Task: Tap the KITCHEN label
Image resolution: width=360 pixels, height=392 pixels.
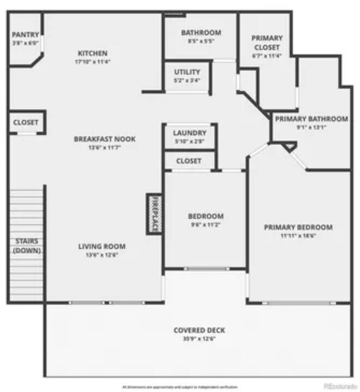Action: [93, 53]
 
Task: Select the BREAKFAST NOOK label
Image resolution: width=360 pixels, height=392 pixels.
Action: [105, 139]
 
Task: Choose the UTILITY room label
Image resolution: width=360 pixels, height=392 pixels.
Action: [187, 72]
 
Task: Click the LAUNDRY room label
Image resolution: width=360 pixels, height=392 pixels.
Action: [190, 133]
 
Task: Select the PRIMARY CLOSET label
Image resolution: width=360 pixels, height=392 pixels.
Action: [267, 42]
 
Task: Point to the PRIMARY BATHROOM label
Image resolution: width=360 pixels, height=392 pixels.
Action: [311, 119]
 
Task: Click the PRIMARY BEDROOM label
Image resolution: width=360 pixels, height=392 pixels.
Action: [298, 227]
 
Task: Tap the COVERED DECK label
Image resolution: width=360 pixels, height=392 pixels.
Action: [199, 330]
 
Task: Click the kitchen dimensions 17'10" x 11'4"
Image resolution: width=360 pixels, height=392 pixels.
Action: [93, 62]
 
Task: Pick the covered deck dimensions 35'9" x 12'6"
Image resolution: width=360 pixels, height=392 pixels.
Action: [199, 339]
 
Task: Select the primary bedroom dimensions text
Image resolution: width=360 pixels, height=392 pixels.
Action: [298, 236]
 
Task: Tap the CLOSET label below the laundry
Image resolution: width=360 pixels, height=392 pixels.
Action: [189, 161]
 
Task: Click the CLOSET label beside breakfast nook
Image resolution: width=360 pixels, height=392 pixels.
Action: [26, 122]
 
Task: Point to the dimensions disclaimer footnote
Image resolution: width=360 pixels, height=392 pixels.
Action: [180, 387]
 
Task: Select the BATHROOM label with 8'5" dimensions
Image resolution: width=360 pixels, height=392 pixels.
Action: [201, 33]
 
